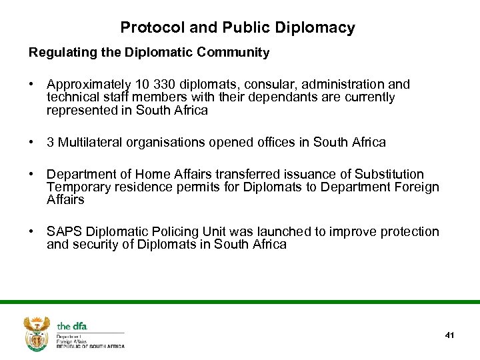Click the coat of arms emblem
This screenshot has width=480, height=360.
[37, 333]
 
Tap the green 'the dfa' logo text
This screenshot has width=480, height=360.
[72, 326]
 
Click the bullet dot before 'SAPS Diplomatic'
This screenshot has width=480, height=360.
[31, 232]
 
